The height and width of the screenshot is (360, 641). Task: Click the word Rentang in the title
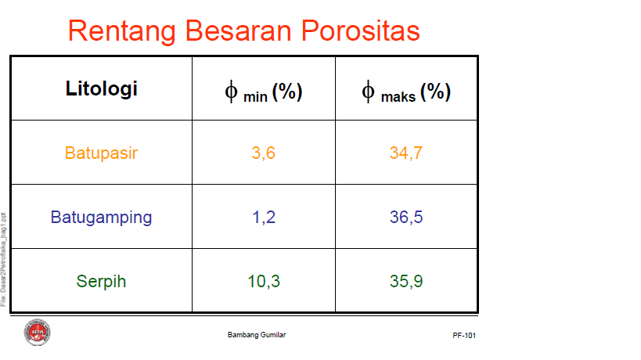pyautogui.click(x=121, y=31)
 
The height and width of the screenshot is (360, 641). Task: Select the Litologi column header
pyautogui.click(x=101, y=89)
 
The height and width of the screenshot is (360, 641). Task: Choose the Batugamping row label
pyautogui.click(x=101, y=217)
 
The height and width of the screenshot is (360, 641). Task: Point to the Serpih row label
pyautogui.click(x=101, y=281)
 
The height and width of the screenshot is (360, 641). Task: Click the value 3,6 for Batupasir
pyautogui.click(x=263, y=153)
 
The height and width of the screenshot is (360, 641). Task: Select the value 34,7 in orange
pyautogui.click(x=406, y=153)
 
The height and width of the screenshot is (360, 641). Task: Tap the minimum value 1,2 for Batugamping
pyautogui.click(x=263, y=217)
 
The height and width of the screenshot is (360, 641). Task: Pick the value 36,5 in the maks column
pyautogui.click(x=406, y=217)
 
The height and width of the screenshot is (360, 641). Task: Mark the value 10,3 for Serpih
pyautogui.click(x=264, y=281)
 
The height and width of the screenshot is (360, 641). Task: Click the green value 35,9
pyautogui.click(x=406, y=281)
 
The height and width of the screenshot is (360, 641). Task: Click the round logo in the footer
pyautogui.click(x=37, y=332)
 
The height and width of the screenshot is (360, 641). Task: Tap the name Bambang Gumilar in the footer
pyautogui.click(x=256, y=335)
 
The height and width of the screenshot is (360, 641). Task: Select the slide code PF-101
pyautogui.click(x=464, y=335)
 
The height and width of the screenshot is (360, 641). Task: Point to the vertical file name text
pyautogui.click(x=4, y=258)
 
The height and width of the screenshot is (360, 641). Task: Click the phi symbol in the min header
pyautogui.click(x=232, y=92)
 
